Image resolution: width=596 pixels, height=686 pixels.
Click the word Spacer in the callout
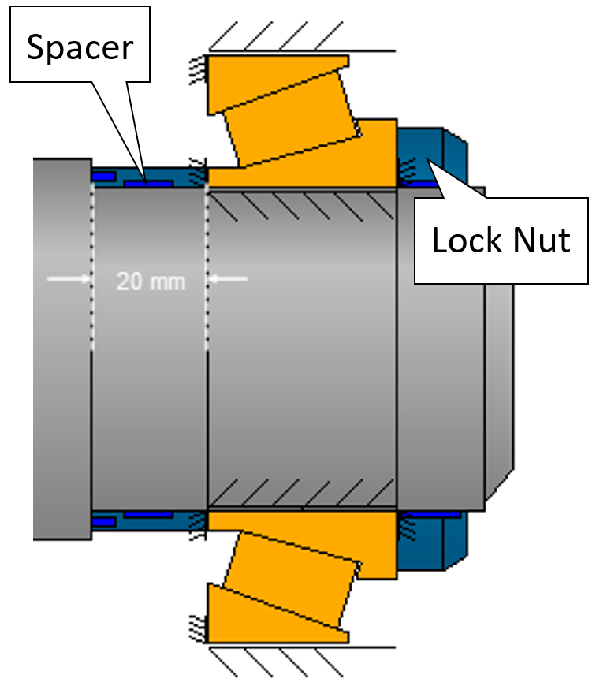coord(80,47)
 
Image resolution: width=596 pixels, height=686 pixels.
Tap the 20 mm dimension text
coord(151,281)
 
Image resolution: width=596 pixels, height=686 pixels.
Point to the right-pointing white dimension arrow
coord(69,278)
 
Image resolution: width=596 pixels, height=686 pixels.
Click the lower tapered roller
coord(292,580)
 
